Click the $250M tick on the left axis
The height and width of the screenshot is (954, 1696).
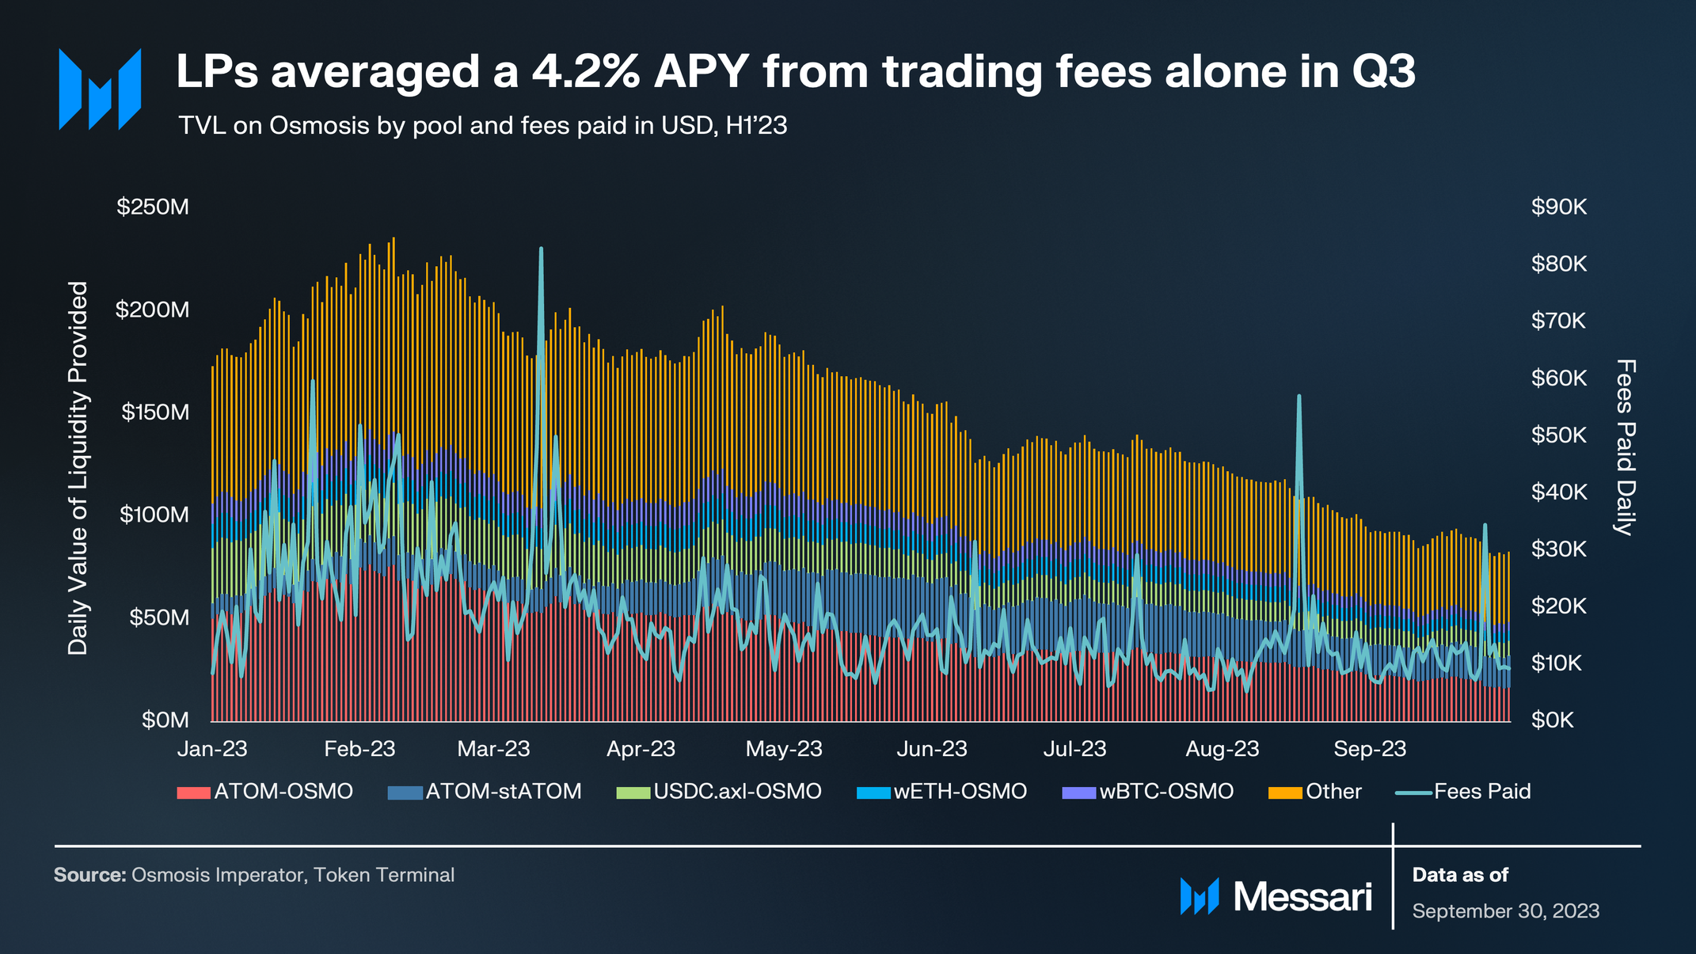pyautogui.click(x=153, y=207)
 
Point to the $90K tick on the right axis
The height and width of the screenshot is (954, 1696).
pyautogui.click(x=1558, y=207)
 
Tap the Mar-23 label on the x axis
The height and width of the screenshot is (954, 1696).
pyautogui.click(x=493, y=749)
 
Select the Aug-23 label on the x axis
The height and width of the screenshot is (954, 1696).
pyautogui.click(x=1222, y=749)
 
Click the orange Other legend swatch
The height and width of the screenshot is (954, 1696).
pyautogui.click(x=1285, y=792)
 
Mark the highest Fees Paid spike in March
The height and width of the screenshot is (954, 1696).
pyautogui.click(x=541, y=249)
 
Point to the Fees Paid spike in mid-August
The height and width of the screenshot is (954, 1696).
pyautogui.click(x=1299, y=397)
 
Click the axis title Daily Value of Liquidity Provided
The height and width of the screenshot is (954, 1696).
pyautogui.click(x=78, y=468)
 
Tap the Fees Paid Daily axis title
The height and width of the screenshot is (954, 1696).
pyautogui.click(x=1625, y=447)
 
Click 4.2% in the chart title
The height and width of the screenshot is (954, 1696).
pyautogui.click(x=585, y=72)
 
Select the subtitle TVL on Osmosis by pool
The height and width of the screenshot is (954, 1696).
pyautogui.click(x=482, y=126)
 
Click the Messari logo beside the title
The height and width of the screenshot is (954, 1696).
pyautogui.click(x=100, y=89)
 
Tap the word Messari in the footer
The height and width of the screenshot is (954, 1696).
pyautogui.click(x=1302, y=897)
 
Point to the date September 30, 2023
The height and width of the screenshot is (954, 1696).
pyautogui.click(x=1505, y=911)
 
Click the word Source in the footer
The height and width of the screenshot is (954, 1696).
pyautogui.click(x=89, y=875)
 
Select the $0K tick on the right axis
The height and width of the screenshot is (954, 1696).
pyautogui.click(x=1553, y=720)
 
